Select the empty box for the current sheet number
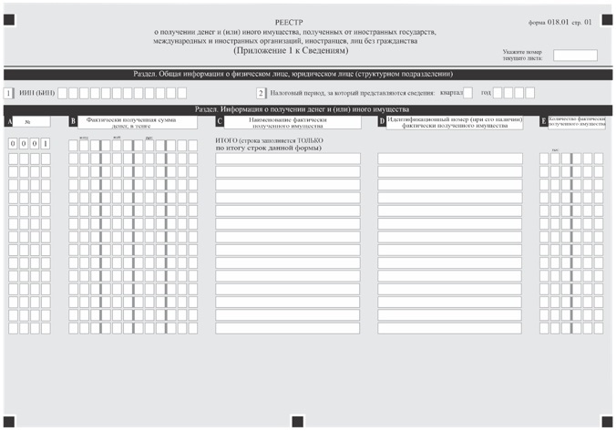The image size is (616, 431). (x=575, y=56)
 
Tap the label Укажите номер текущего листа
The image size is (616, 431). (x=522, y=56)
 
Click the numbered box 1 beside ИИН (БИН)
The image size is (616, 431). (x=9, y=93)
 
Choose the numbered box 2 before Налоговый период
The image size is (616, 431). (x=260, y=93)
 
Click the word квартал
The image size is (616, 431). (x=450, y=93)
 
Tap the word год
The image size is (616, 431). (x=486, y=93)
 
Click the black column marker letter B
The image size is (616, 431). (x=73, y=120)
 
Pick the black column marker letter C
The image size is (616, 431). (x=220, y=120)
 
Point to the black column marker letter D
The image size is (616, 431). (x=382, y=120)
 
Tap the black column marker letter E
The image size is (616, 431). (x=544, y=120)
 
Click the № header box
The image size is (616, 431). (x=28, y=120)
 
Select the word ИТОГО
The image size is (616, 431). (x=226, y=142)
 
